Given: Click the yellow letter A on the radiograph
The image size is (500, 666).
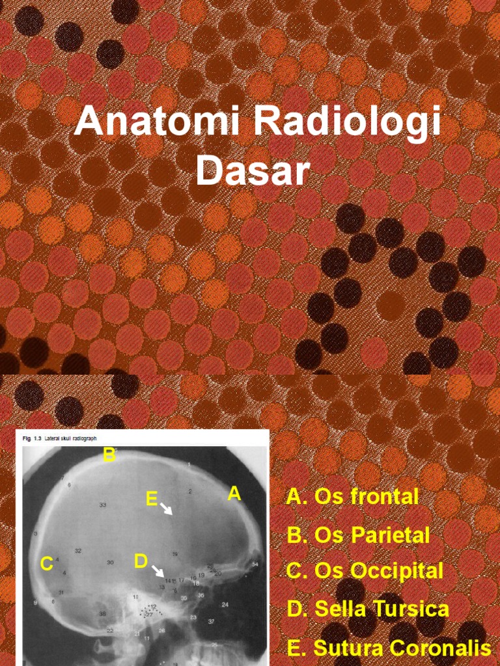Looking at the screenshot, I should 234,494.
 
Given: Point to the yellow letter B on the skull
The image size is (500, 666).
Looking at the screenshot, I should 110,455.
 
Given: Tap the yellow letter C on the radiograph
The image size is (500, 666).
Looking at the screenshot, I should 46,563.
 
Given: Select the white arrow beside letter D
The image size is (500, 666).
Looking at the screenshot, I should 158,572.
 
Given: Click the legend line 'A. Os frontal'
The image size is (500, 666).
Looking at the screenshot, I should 352,497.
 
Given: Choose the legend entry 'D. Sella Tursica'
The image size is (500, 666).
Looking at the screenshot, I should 367,609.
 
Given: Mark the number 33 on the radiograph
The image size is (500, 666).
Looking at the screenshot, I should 103,505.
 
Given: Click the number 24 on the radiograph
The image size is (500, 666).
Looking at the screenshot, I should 225,605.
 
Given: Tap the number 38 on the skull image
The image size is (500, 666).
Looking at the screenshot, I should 102,614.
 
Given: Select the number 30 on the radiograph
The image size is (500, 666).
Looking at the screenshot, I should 110,562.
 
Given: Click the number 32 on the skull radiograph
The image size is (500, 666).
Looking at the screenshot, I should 78,551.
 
